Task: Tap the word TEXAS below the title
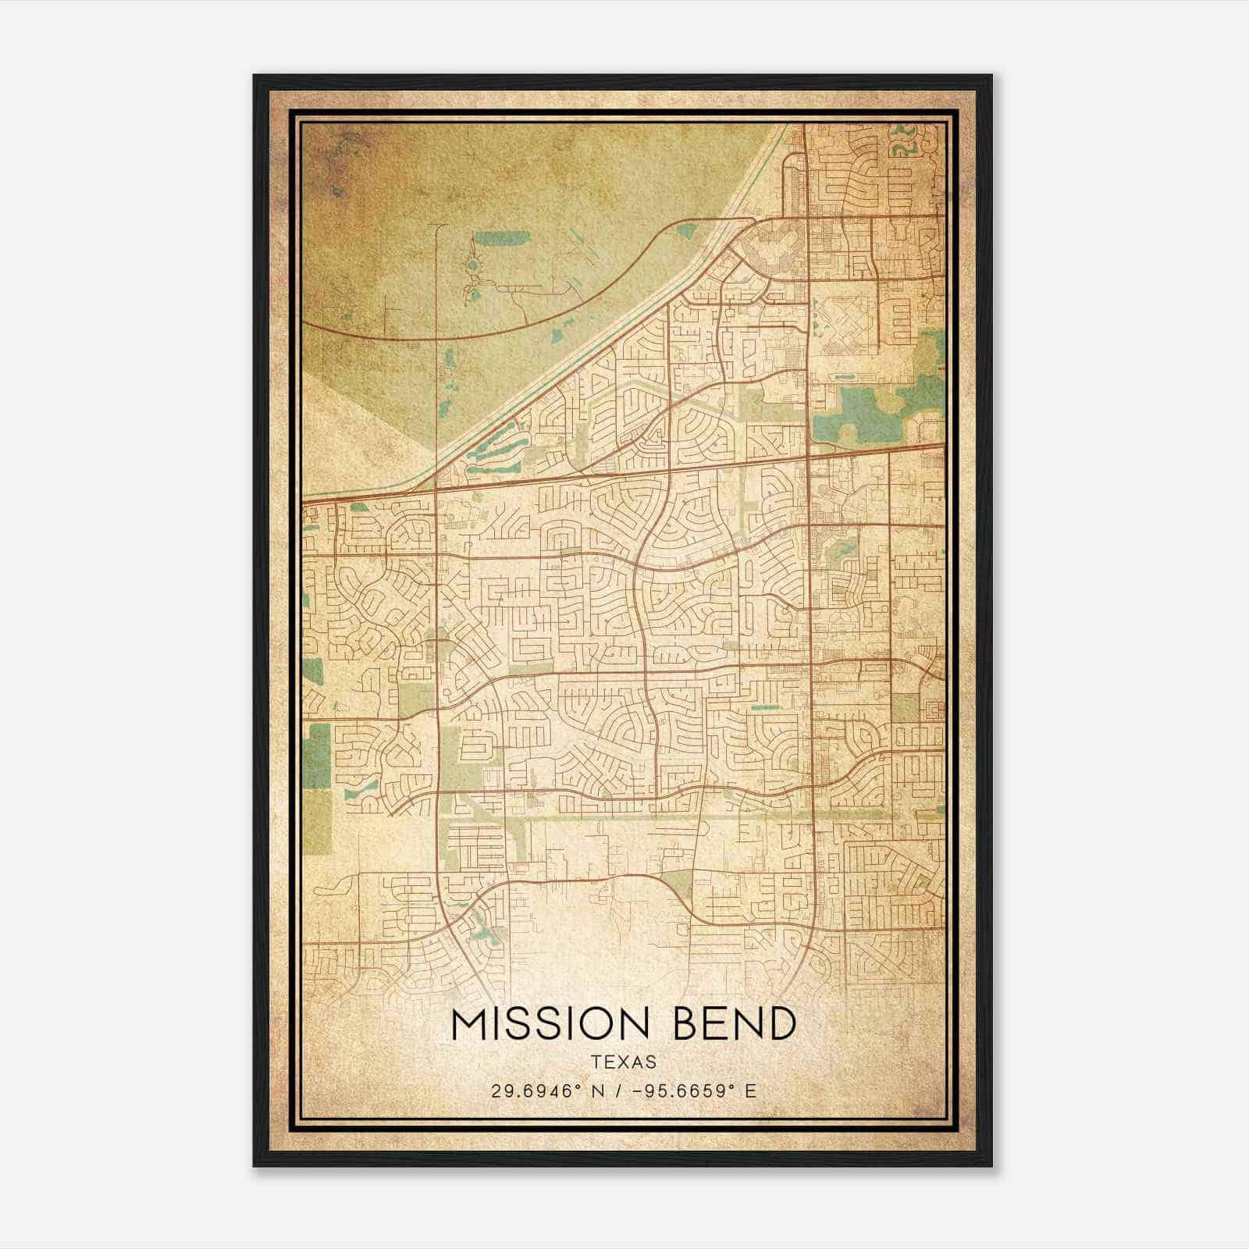(624, 1062)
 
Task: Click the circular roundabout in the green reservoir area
(473, 267)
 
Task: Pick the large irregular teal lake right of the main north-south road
(859, 414)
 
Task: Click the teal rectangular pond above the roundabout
(489, 238)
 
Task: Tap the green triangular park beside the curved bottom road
(678, 884)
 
